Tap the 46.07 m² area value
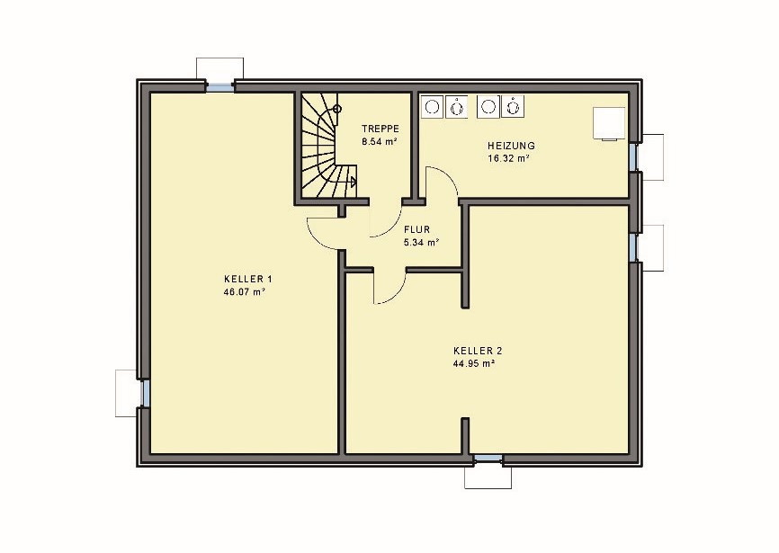(244, 292)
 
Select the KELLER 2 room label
(478, 351)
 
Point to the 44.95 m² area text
(473, 363)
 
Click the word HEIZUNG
(511, 146)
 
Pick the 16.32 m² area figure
(508, 159)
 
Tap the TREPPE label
(381, 129)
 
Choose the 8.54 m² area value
(379, 141)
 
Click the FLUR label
(416, 230)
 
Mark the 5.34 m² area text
(421, 243)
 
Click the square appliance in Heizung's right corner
(609, 123)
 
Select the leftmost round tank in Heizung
(432, 107)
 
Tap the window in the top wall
(219, 87)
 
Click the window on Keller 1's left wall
(144, 393)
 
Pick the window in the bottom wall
(488, 459)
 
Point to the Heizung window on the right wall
(634, 156)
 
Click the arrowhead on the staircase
(354, 183)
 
